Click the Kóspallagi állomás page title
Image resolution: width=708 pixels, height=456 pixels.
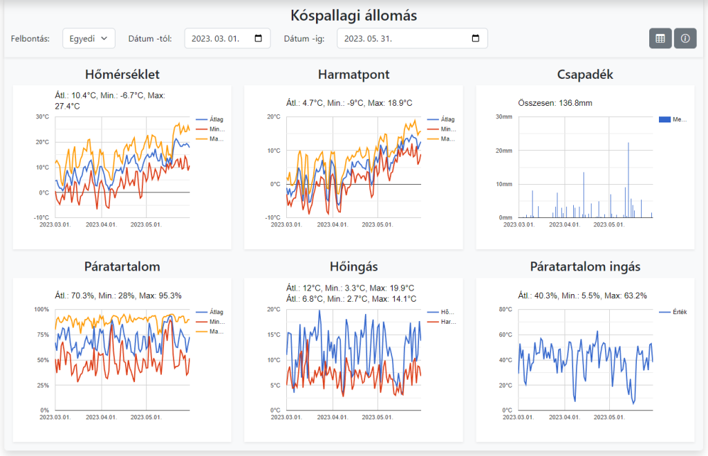tap(353, 15)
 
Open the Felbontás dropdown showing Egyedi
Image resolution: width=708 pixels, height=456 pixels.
tap(88, 39)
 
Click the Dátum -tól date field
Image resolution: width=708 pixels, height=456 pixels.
tap(227, 39)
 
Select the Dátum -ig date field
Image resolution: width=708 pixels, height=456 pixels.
tap(411, 39)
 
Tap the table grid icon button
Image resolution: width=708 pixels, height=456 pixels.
tap(660, 39)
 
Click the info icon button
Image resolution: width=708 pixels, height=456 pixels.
tap(685, 39)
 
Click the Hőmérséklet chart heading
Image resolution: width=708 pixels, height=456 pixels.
tap(122, 74)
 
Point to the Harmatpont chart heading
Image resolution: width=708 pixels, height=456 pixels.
tap(353, 74)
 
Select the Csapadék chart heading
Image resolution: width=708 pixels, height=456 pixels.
tap(585, 74)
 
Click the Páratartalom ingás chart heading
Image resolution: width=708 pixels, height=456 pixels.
tap(585, 266)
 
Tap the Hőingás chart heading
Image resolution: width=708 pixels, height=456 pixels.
tap(353, 266)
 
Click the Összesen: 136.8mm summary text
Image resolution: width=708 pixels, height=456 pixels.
tap(555, 103)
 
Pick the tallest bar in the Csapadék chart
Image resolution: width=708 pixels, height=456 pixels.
tap(628, 180)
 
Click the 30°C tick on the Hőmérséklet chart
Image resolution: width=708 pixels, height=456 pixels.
tap(43, 117)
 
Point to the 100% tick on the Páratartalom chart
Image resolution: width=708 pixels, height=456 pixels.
tap(42, 309)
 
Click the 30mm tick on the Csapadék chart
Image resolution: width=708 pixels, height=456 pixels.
tap(503, 117)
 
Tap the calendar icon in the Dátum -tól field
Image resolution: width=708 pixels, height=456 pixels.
tap(259, 39)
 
